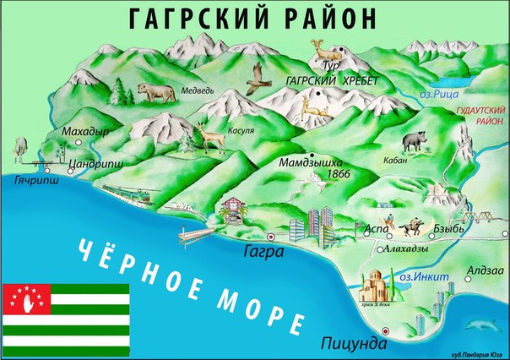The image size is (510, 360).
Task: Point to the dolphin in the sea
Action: click(x=484, y=325)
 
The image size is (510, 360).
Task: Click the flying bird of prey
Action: click(x=255, y=79)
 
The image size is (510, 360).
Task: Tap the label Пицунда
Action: click(x=353, y=344)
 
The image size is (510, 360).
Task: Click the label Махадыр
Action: click(x=84, y=133)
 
